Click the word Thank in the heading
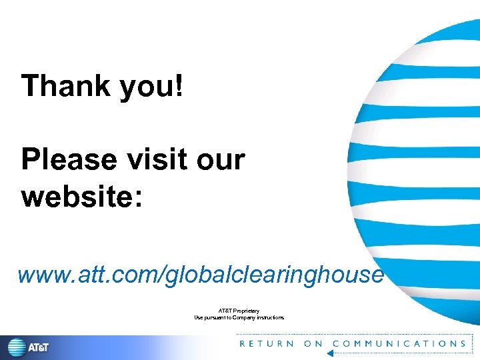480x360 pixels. click(65, 86)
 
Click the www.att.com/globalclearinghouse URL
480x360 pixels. click(200, 274)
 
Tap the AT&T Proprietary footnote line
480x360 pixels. click(239, 311)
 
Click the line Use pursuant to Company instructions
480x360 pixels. click(239, 317)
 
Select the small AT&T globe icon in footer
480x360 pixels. click(17, 347)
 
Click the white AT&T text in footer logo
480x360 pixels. click(38, 347)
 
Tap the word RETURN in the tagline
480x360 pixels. click(266, 344)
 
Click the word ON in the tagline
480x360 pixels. click(313, 344)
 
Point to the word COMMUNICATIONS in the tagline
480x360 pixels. click(399, 344)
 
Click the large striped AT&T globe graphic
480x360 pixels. click(420, 167)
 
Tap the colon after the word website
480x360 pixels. click(138, 199)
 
